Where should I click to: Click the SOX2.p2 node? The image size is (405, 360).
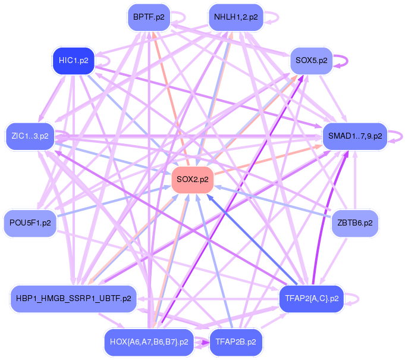point(192,180)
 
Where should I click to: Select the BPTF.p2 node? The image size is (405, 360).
point(149,17)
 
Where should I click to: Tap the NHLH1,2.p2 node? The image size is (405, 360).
point(236,17)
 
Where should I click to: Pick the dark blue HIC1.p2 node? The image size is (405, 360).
point(74,61)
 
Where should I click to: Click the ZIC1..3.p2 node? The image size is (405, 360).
point(30,136)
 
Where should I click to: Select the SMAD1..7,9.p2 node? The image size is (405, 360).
point(354,136)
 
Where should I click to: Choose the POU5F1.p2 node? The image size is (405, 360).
point(30,223)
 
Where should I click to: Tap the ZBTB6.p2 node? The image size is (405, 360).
point(354,223)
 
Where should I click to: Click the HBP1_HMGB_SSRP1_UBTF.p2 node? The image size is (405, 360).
point(74,299)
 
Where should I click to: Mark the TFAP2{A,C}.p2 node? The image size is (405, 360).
point(311,299)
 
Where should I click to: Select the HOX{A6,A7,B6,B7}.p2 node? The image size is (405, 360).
point(149,342)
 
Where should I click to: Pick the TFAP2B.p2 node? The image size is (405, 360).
point(236,342)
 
